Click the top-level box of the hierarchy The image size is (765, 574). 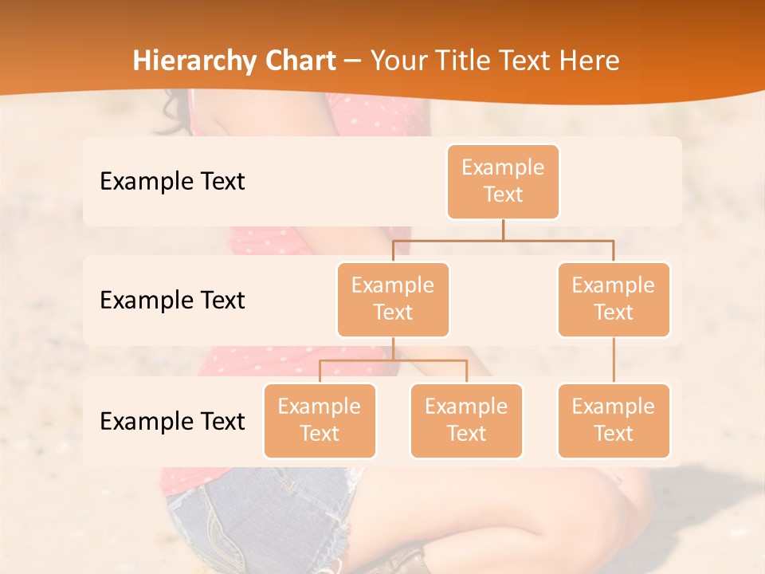(x=503, y=181)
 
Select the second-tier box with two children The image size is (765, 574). (x=393, y=299)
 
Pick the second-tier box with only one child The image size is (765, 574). (x=614, y=299)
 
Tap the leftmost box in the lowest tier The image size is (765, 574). (x=320, y=420)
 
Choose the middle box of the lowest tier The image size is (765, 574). (x=466, y=420)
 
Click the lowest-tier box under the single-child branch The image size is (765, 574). (x=614, y=420)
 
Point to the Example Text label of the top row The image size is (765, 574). (x=172, y=181)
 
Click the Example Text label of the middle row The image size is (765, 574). (x=172, y=300)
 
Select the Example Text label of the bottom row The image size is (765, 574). (x=172, y=421)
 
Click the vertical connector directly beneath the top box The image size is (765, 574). (x=503, y=229)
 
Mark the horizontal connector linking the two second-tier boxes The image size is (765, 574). (x=503, y=239)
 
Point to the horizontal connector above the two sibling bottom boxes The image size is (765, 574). (x=393, y=360)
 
